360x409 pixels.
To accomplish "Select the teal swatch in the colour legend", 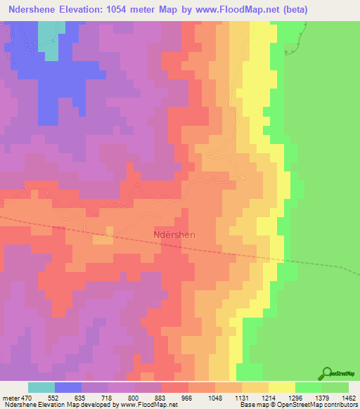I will click(x=41, y=387).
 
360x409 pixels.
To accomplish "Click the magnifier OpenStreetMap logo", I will click(x=328, y=373).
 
